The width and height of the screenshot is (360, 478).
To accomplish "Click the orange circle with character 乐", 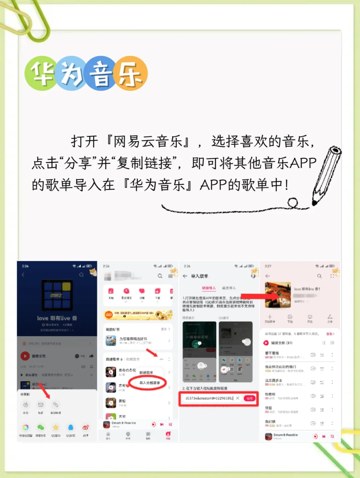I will [130, 73].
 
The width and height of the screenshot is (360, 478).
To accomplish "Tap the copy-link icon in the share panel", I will [56, 405].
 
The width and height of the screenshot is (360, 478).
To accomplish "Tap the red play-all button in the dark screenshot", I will [25, 356].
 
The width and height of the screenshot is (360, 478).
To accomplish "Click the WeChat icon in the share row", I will [41, 427].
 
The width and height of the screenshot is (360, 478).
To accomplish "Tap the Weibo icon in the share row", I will [86, 427].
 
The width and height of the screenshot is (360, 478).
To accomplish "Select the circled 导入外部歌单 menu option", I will [149, 383].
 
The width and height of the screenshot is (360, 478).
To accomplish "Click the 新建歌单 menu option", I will [146, 372].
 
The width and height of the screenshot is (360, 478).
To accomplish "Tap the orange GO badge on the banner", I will [109, 314].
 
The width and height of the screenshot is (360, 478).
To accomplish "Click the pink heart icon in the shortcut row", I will [142, 291].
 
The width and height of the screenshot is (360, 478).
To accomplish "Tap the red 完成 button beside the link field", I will [249, 398].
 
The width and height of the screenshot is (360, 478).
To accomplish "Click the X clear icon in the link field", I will [238, 398].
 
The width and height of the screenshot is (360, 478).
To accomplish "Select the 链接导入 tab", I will [209, 288].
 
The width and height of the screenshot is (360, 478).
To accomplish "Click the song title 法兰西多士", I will [274, 380].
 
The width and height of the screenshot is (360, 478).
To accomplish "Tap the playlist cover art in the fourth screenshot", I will [278, 295].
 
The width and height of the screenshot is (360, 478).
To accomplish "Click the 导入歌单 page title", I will [199, 276].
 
